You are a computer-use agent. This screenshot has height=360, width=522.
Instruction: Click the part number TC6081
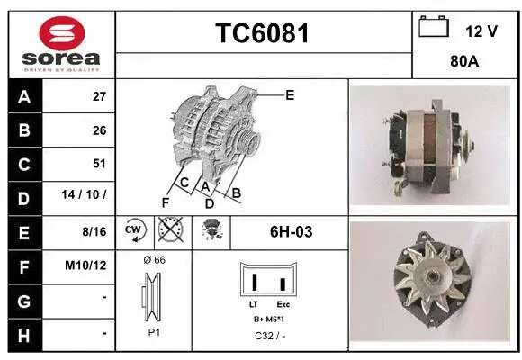pos(264,33)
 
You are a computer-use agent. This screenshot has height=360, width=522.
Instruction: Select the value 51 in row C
pos(99,164)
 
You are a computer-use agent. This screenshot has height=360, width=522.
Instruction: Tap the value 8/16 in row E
pos(94,231)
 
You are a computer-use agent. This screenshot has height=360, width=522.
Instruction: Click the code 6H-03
pos(291,231)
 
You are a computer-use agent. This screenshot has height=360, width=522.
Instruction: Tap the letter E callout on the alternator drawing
pos(290,94)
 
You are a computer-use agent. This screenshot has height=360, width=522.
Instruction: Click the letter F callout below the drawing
pos(165,201)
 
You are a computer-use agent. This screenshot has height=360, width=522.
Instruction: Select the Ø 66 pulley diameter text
pos(154,259)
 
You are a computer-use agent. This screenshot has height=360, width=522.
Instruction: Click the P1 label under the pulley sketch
pos(154,332)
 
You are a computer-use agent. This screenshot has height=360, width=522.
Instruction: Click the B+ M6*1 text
pos(270,319)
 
